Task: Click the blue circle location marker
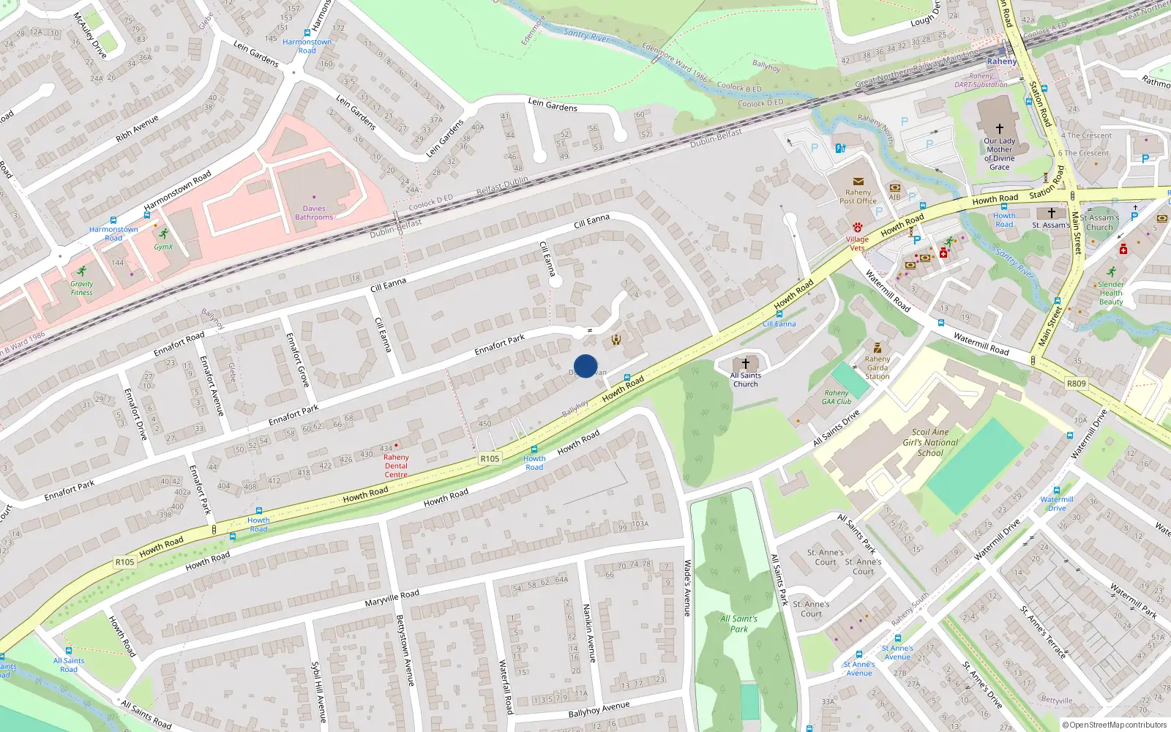pos(585,366)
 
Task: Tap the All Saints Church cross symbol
pos(746,363)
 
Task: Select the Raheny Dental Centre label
pos(396,466)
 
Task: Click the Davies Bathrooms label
pos(314,212)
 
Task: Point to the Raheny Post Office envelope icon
pos(858,182)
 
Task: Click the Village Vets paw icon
pos(857,228)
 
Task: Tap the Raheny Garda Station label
pos(878,367)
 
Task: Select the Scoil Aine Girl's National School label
pos(930,442)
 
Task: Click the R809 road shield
pos(1076,384)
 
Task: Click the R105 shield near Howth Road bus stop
pos(490,459)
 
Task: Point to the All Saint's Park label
pos(739,624)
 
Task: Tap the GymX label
pos(163,247)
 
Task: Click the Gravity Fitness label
pos(82,288)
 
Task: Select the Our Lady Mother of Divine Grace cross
pos(999,128)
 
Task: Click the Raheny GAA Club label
pos(837,397)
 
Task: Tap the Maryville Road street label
pos(392,597)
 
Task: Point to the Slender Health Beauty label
pos(1110,293)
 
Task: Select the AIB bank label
pos(894,197)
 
